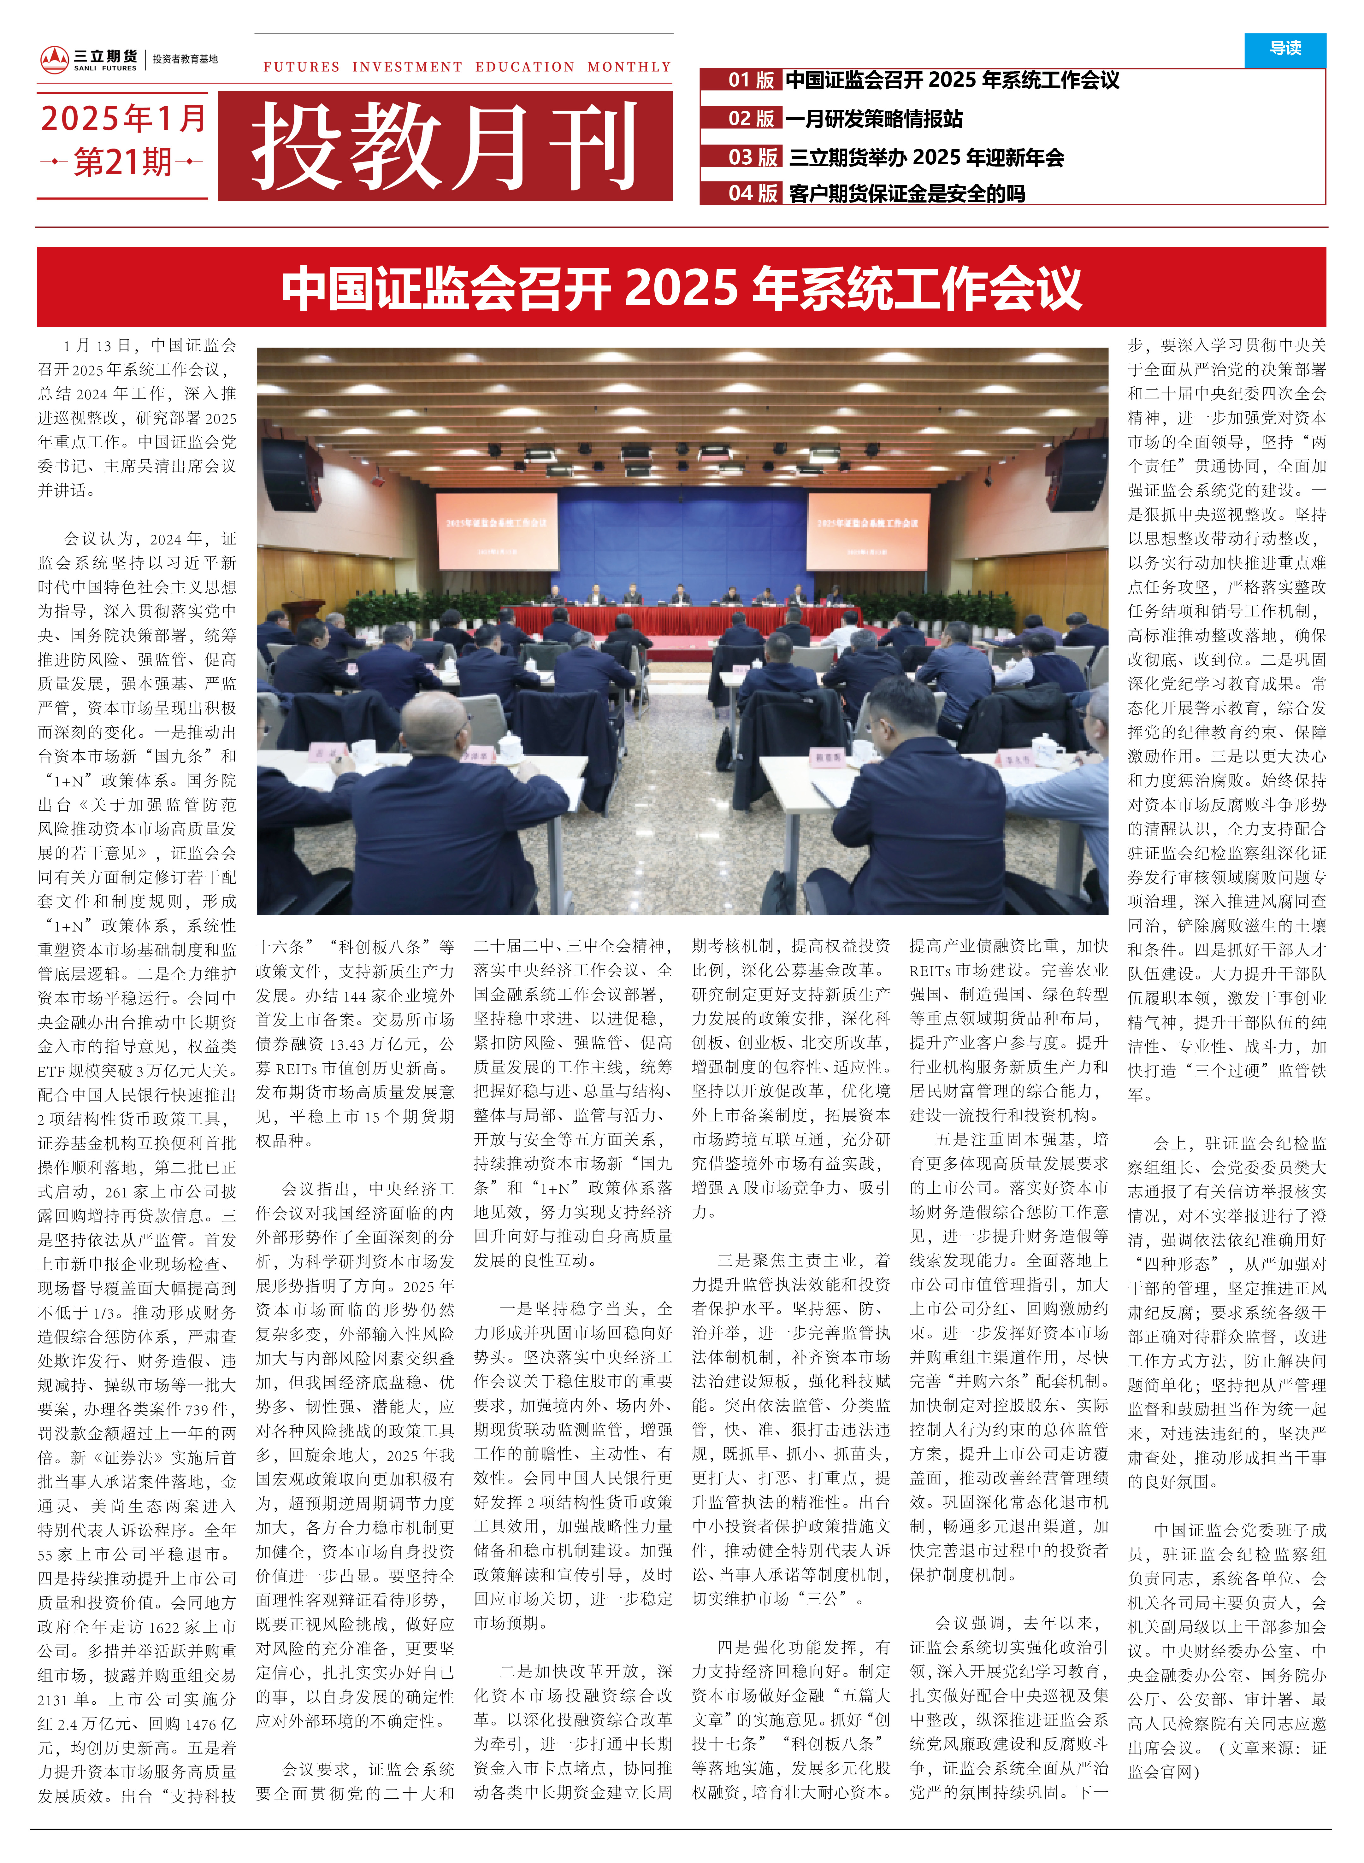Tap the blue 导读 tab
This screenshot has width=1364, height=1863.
tap(1285, 49)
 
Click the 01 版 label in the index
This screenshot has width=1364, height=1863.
tap(751, 80)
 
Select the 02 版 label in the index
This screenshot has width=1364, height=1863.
tap(751, 119)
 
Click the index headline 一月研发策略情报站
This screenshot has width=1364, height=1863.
tap(874, 119)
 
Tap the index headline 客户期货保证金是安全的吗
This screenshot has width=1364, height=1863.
tap(906, 193)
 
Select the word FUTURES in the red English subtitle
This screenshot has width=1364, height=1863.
tap(301, 67)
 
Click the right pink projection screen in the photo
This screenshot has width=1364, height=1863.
tap(868, 531)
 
